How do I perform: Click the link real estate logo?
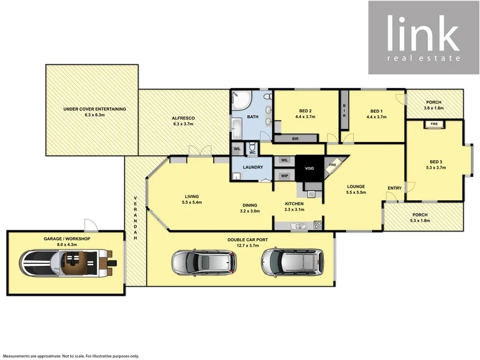pyautogui.click(x=424, y=37)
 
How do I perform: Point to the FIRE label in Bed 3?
pyautogui.click(x=434, y=125)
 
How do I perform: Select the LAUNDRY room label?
pyautogui.click(x=252, y=167)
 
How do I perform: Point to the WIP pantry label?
pyautogui.click(x=284, y=176)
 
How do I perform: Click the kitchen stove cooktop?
pyautogui.click(x=317, y=225)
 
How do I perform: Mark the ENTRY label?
pyautogui.click(x=394, y=188)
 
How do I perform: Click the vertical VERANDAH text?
pyautogui.click(x=136, y=218)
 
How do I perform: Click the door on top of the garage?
pyautogui.click(x=90, y=226)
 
